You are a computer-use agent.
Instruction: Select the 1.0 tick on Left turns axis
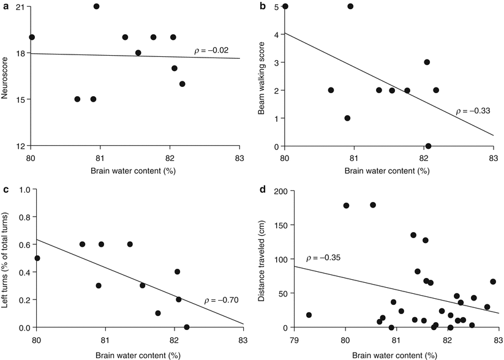click(22, 189)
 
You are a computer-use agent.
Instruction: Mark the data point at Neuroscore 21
click(96, 6)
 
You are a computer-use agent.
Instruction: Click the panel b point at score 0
click(428, 146)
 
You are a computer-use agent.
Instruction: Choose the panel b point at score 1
click(347, 118)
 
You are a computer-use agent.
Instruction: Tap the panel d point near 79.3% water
click(309, 315)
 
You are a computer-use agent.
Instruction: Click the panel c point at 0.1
click(158, 313)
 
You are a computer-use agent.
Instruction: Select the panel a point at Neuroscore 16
click(182, 84)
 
